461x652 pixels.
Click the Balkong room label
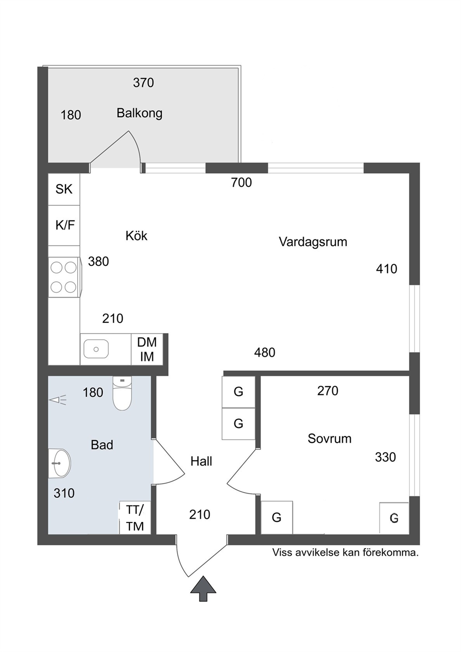(139, 113)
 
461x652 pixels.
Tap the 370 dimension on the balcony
(144, 83)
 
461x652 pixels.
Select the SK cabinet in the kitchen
(64, 190)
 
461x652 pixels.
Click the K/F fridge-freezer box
(64, 225)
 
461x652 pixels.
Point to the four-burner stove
(64, 277)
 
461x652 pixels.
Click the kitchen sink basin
(96, 349)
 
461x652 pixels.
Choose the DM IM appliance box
(147, 349)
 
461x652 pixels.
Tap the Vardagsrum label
(313, 242)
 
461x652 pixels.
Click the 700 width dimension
(241, 183)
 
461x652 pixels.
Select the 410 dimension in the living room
(387, 269)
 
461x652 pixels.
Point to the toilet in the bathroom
(122, 393)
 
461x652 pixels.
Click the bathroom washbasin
(59, 463)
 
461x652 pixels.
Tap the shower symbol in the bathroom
(58, 400)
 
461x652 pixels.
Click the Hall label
(201, 461)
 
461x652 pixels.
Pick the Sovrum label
(329, 439)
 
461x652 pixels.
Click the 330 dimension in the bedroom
(385, 457)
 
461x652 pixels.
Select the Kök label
(137, 236)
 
